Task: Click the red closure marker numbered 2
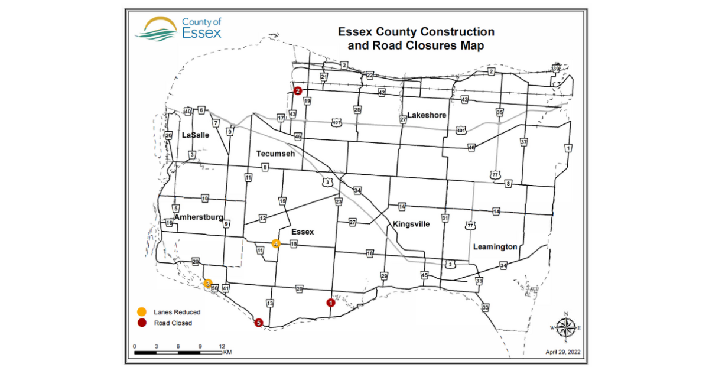click(x=298, y=91)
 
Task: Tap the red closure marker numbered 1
click(x=330, y=303)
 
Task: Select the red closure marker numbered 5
click(x=258, y=323)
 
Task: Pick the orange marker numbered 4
click(x=275, y=243)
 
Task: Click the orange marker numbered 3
click(x=208, y=284)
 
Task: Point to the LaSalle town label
click(x=196, y=135)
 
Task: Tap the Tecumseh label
click(x=275, y=154)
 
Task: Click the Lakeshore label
click(x=427, y=115)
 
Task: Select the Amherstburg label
click(x=199, y=217)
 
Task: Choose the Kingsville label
click(x=411, y=225)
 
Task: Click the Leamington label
click(x=495, y=246)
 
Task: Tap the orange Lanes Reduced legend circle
click(x=141, y=312)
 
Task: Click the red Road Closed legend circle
click(x=141, y=323)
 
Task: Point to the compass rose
click(x=565, y=327)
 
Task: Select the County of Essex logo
click(x=178, y=27)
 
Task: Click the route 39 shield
click(x=555, y=68)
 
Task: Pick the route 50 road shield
click(x=215, y=288)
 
